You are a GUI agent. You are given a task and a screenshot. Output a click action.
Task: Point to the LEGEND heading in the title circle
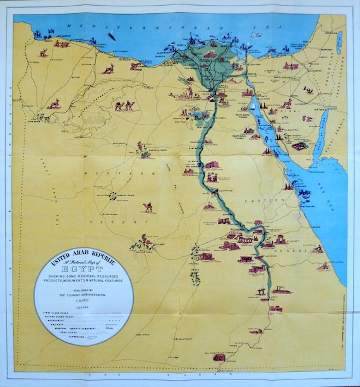83,307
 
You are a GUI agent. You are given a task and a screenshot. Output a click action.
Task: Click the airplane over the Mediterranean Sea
255,35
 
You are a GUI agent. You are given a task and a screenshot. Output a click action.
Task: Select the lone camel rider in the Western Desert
148,206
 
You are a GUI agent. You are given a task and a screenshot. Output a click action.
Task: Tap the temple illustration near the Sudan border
219,357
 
